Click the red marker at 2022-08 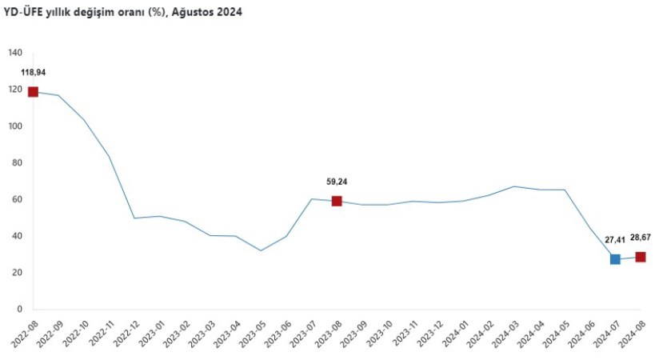[33, 92]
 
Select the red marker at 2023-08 [337, 201]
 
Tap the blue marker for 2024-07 [615, 259]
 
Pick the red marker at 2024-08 [641, 257]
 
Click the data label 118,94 [33, 73]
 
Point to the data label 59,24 [337, 182]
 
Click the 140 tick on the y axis [15, 54]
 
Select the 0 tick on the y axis [20, 310]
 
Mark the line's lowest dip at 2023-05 [261, 250]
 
